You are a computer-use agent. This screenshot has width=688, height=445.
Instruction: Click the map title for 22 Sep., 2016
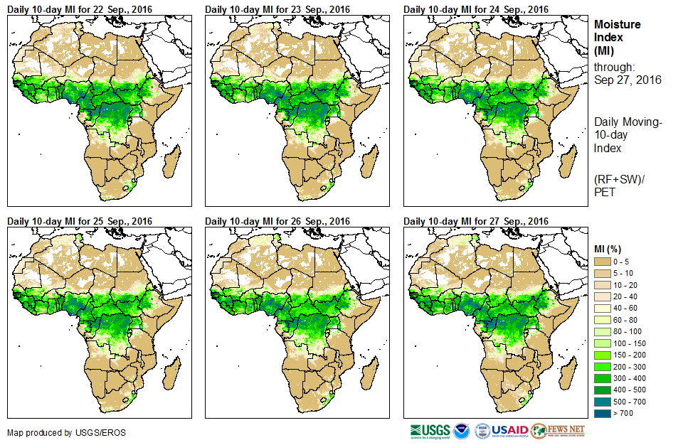pyautogui.click(x=80, y=9)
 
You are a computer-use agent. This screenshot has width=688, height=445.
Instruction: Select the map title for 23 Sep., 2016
pyautogui.click(x=277, y=9)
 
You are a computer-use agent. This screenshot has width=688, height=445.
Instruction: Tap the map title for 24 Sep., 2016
pyautogui.click(x=476, y=9)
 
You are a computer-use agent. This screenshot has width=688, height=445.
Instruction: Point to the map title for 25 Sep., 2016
pyautogui.click(x=80, y=221)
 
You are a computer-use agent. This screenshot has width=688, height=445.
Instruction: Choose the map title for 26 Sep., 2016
pyautogui.click(x=277, y=221)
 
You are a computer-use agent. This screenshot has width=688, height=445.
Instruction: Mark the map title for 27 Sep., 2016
pyautogui.click(x=476, y=221)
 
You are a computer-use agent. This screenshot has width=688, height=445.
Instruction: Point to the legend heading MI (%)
pyautogui.click(x=610, y=248)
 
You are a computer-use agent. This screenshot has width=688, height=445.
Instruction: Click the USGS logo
pyautogui.click(x=430, y=431)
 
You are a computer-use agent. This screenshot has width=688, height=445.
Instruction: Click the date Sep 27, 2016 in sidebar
pyautogui.click(x=628, y=80)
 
